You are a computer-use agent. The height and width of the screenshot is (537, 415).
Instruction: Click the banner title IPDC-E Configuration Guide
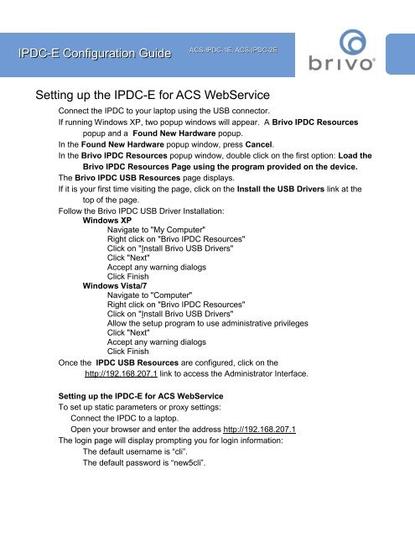pyautogui.click(x=90, y=55)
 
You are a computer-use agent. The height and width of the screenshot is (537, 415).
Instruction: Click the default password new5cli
pyautogui.click(x=187, y=462)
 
